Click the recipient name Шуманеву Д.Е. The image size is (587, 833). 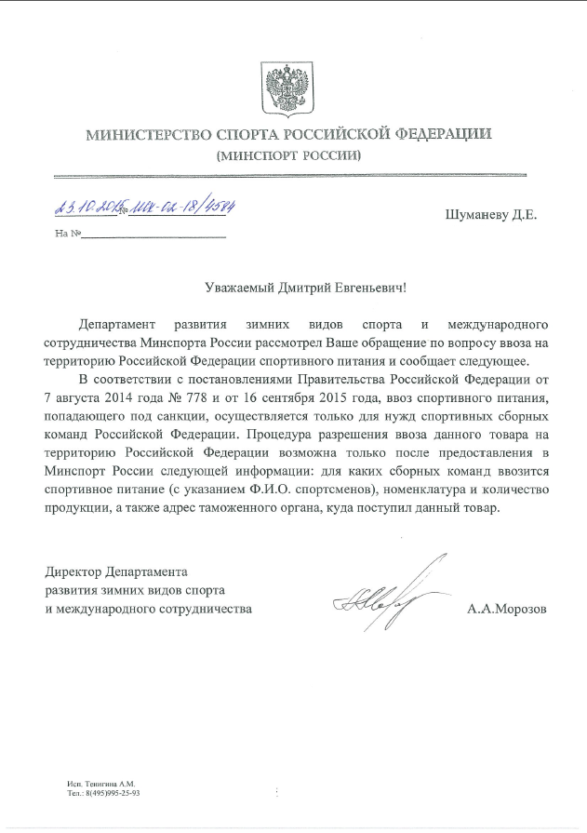pos(491,215)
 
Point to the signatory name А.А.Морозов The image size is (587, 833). pos(508,610)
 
